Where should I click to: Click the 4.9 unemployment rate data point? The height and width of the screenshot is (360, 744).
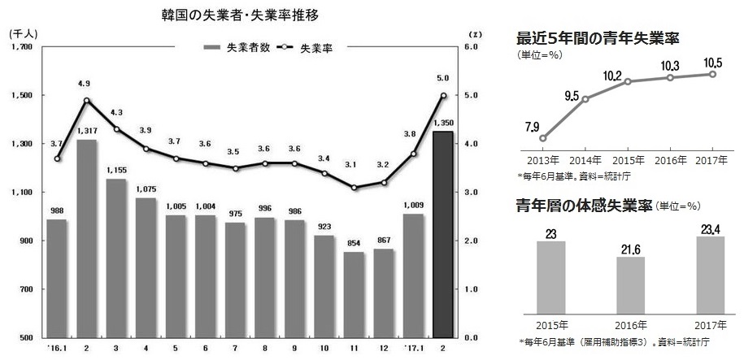[x=87, y=101]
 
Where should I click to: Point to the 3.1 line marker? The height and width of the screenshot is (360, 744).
[x=353, y=188]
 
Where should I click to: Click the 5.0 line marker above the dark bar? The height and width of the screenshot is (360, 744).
[x=443, y=95]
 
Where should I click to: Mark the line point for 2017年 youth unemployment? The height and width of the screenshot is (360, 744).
[x=713, y=74]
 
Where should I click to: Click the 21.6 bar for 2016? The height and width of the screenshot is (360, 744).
[x=625, y=284]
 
